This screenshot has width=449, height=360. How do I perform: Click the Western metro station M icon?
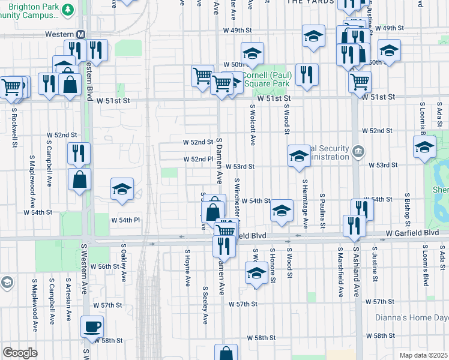pos(80,34)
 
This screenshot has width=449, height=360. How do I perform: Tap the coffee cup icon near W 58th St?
pos(92,327)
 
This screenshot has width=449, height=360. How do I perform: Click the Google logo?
pos(20,352)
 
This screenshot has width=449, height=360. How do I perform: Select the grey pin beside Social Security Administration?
pos(358,150)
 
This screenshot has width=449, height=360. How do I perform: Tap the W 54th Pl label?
pos(125,220)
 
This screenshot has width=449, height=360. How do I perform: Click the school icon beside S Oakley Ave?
pos(122,190)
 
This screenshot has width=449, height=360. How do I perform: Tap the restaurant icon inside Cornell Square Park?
pos(306,75)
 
